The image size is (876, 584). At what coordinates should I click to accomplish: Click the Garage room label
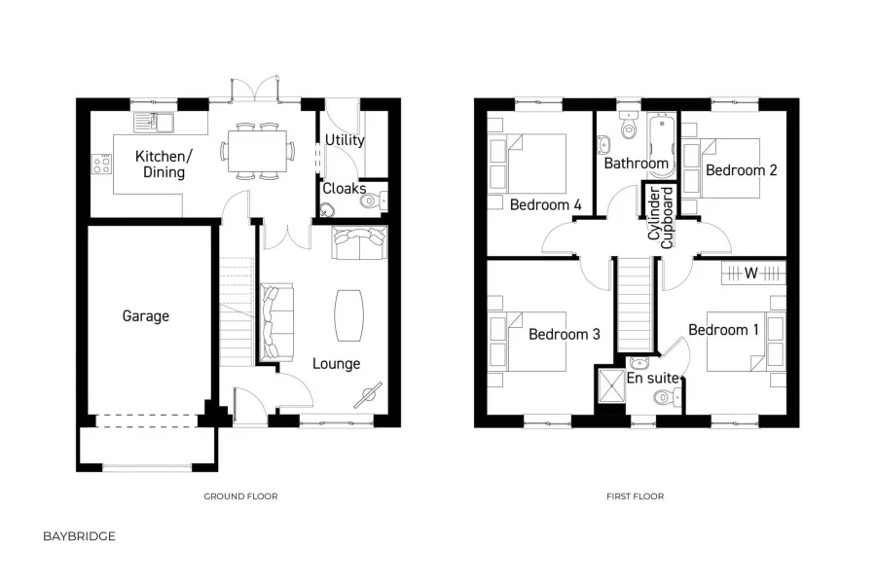tap(145, 315)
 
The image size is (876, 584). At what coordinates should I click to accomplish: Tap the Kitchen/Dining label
tap(163, 164)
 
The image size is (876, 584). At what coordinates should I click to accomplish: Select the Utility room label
tap(345, 139)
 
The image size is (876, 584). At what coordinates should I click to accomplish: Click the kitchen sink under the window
tap(155, 122)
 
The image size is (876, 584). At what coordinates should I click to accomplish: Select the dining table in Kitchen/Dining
tap(259, 151)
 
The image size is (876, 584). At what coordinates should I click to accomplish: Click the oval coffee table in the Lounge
tap(350, 315)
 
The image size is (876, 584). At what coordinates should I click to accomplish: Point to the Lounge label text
tap(336, 363)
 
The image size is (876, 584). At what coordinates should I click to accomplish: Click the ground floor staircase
tap(237, 311)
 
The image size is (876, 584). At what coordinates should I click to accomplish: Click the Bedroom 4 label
tap(545, 204)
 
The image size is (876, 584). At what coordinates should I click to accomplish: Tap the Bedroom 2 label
tap(741, 170)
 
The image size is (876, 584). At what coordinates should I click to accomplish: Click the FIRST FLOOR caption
tap(635, 496)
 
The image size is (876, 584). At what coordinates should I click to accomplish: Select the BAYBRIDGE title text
tap(79, 536)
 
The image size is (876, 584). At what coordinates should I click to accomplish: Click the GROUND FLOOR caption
tap(240, 496)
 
